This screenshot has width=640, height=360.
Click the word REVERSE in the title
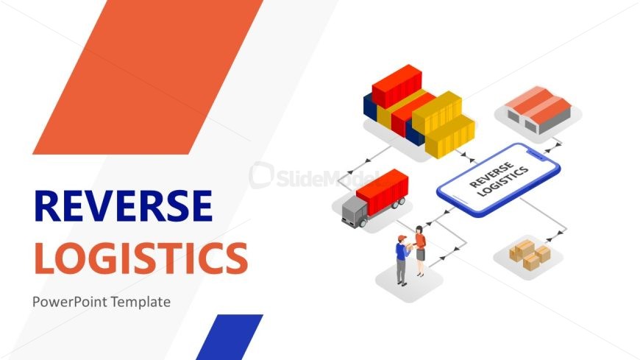pos(124,205)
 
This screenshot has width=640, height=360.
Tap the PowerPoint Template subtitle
pos(102,301)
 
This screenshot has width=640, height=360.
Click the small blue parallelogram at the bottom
pos(229,336)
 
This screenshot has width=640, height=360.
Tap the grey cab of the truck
pos(353,211)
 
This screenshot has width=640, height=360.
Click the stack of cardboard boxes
pos(530,253)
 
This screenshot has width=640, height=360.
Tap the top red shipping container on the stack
pos(397,83)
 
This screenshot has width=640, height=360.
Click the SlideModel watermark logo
pos(265,175)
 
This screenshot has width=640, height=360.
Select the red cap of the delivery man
pos(402,238)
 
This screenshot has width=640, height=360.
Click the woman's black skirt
pos(421,255)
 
